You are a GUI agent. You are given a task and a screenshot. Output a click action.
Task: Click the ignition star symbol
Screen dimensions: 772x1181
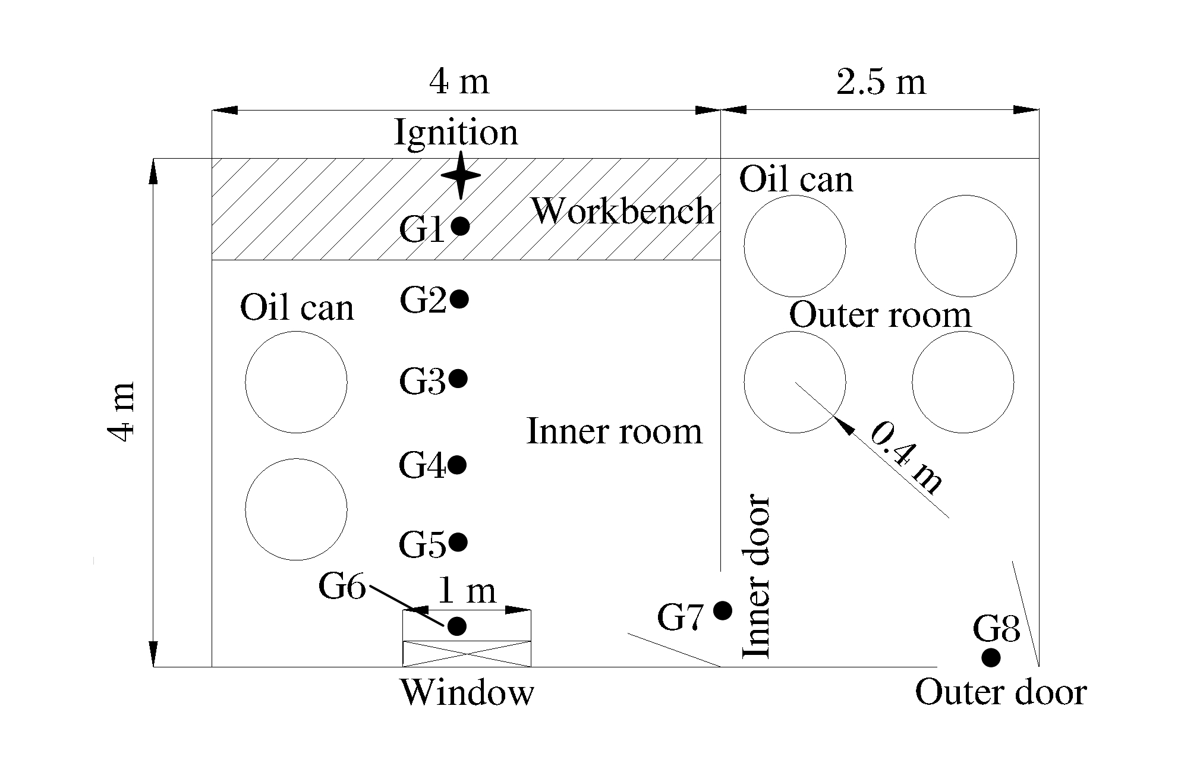pos(461,175)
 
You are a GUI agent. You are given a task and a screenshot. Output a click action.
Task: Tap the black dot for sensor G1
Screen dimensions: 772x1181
pos(460,226)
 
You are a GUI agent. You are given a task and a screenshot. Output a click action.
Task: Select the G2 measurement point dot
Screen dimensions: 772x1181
pos(459,299)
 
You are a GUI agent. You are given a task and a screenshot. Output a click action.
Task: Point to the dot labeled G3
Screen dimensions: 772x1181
pos(458,379)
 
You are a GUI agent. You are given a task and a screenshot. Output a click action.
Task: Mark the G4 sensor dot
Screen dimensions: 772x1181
pos(456,465)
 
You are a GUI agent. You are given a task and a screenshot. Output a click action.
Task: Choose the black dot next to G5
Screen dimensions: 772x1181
pos(458,542)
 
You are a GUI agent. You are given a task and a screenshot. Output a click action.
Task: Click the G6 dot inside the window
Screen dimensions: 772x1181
pos(456,626)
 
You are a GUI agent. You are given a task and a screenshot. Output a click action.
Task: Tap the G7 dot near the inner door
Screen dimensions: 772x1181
pos(722,610)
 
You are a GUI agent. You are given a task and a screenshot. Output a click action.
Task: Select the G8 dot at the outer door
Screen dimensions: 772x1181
pos(990,658)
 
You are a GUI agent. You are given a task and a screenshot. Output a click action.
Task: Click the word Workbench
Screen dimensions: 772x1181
pos(622,211)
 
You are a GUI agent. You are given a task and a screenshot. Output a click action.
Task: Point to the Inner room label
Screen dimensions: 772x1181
pos(614,431)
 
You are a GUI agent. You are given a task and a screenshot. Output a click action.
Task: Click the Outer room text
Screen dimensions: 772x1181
pos(880,315)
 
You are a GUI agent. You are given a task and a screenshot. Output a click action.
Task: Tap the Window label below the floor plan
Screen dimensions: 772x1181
pos(467,692)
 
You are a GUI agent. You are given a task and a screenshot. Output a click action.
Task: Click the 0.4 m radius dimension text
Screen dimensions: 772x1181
pos(905,457)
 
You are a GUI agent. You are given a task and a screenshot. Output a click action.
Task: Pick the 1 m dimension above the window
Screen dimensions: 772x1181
pos(467,591)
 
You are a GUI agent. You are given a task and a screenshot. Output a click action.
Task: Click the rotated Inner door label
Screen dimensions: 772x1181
pos(757,576)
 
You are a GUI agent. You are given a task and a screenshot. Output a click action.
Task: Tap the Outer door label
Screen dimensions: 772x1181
pos(1001,692)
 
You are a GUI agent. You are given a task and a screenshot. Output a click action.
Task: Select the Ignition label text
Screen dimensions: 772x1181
pos(456,132)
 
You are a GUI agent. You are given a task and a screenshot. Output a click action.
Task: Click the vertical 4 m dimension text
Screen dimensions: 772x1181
pos(122,411)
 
